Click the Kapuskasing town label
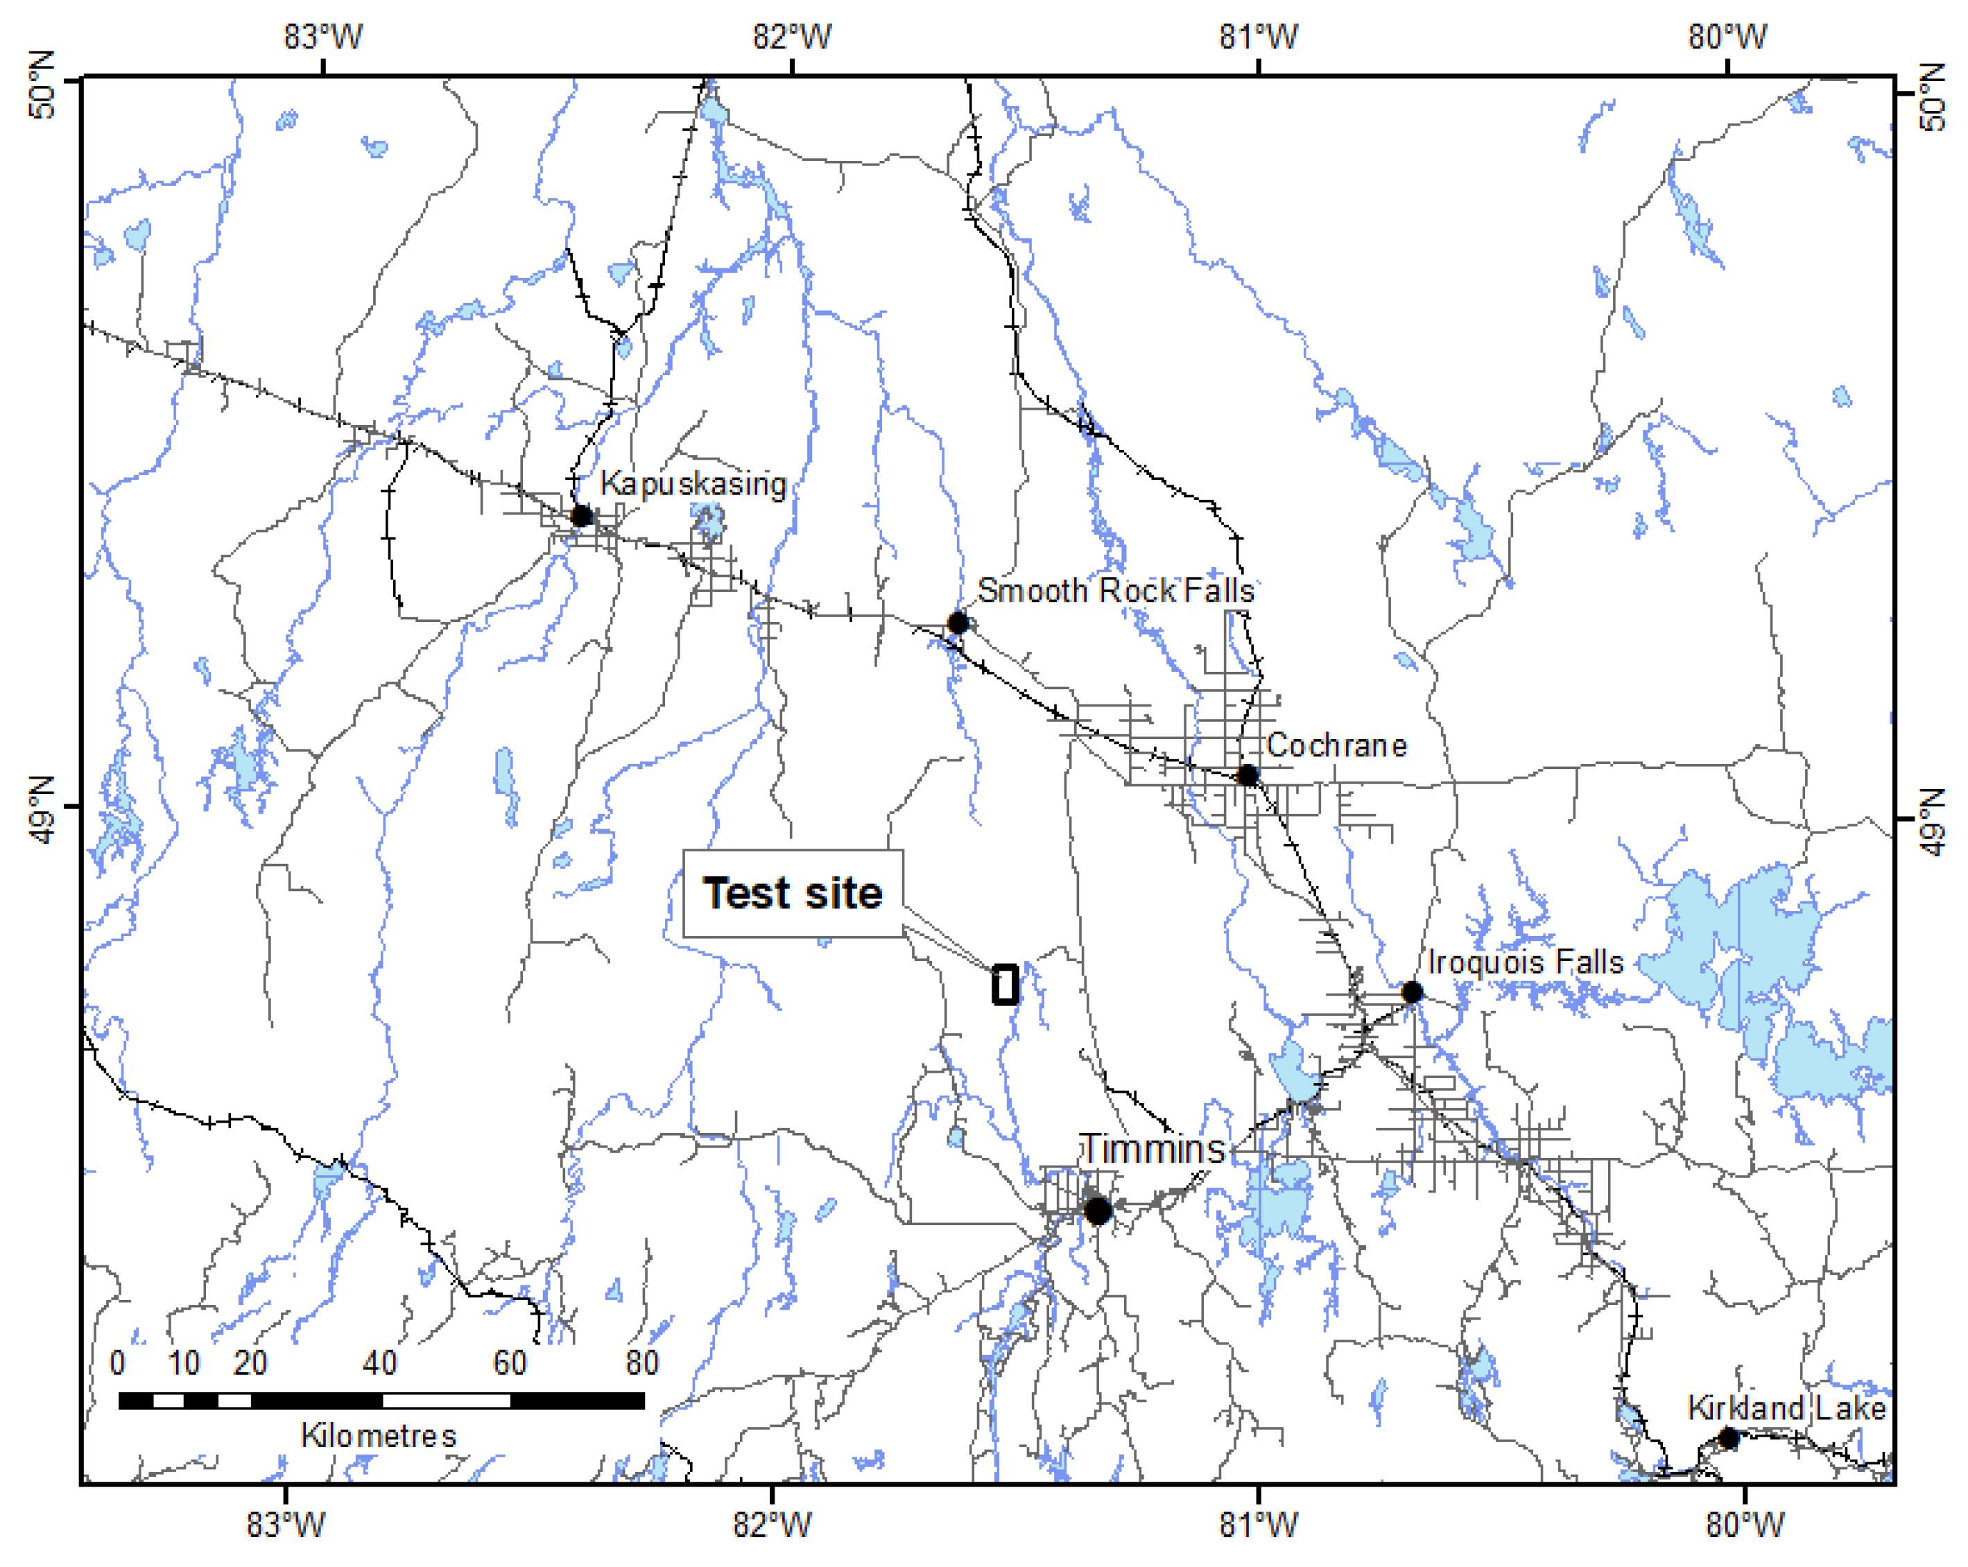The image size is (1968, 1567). coord(693,484)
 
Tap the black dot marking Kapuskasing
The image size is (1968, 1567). coord(581,517)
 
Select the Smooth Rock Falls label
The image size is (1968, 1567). coord(1116,591)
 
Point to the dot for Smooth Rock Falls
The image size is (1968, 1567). coord(958,623)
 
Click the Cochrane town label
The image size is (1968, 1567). coord(1336,745)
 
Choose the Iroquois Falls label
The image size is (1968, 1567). coord(1526,962)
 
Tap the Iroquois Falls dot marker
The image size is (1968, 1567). coord(1411,992)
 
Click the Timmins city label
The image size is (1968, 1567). coord(1152,1149)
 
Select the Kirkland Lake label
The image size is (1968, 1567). coord(1786,1408)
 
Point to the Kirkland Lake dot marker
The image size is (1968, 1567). coord(1728,1438)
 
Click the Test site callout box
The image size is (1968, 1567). coord(793,894)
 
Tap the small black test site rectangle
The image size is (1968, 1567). coord(1005,985)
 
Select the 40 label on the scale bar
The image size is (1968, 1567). coord(380,1363)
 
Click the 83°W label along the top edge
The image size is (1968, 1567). coord(322,37)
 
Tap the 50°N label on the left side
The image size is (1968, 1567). coord(41,85)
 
